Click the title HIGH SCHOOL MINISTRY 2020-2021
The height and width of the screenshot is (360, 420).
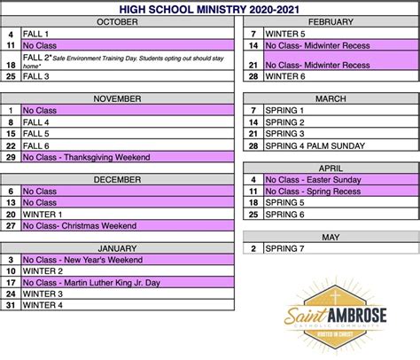[x=210, y=9]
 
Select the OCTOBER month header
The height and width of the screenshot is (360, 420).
[x=117, y=20]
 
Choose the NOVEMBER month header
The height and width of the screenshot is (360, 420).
[x=117, y=98]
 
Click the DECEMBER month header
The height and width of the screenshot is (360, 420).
[x=117, y=179]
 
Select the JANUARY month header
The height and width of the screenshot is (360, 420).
[x=117, y=247]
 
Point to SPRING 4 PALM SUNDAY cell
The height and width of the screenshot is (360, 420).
[x=337, y=145]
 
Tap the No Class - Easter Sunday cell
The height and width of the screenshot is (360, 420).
[x=337, y=179]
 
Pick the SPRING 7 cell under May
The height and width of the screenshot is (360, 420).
[x=337, y=248]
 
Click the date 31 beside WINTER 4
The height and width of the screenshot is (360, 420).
[x=11, y=306]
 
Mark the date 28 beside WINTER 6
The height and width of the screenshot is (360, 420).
[x=253, y=77]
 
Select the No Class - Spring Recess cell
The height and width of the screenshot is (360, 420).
[x=337, y=191]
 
